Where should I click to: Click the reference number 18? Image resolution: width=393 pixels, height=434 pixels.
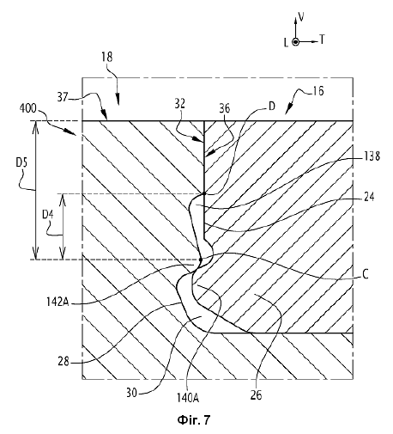pos(106,57)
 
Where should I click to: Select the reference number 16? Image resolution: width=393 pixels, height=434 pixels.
pos(317,91)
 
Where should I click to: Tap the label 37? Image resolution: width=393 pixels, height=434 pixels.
pos(63,97)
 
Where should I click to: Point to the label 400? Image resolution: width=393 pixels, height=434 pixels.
pos(28,108)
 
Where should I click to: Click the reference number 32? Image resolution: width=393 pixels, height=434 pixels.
pos(179,103)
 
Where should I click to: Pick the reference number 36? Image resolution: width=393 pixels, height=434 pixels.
pos(225,108)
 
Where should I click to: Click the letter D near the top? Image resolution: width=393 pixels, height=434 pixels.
pos(271,107)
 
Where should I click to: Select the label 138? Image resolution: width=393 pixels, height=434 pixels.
pos(372,156)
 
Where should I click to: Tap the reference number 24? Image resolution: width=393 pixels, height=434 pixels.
pos(369,197)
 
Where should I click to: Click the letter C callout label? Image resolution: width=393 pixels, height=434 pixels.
pos(365,274)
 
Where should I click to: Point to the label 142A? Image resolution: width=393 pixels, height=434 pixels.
pos(57,302)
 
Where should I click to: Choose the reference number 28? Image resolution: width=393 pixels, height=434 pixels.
pos(63,361)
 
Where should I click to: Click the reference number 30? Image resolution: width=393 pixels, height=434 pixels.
pos(131,393)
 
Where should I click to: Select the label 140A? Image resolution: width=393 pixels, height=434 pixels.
pos(188,398)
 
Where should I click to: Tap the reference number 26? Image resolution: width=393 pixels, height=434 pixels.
pos(256,395)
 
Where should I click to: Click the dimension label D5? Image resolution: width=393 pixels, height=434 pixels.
pos(21,162)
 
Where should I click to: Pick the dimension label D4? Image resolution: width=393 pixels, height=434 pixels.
pos(48,214)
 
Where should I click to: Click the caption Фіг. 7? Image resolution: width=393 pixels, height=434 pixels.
pos(194,420)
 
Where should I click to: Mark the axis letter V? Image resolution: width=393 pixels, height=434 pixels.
pos(301,17)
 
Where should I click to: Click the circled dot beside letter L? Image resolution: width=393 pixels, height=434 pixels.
pos(295,42)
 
